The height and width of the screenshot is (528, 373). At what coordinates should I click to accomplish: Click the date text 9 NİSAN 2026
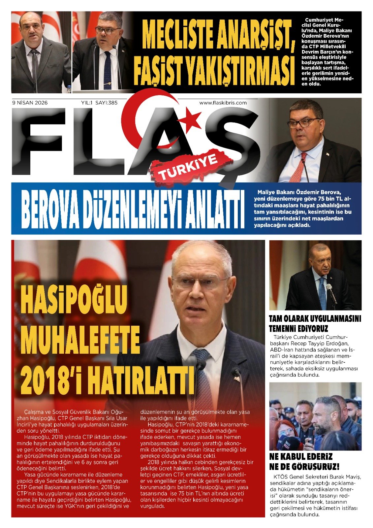30,103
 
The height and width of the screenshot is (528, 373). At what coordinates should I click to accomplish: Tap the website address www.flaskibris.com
223,103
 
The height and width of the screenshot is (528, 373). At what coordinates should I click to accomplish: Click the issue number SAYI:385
106,103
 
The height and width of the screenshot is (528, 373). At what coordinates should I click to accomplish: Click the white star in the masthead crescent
191,119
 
